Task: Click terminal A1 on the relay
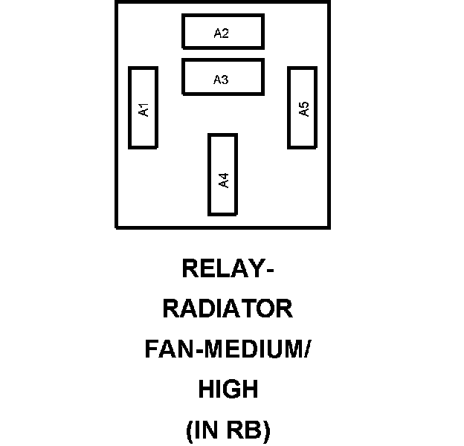[x=143, y=108]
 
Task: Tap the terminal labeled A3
[x=222, y=77]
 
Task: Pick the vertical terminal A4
[x=222, y=175]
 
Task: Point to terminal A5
[x=303, y=108]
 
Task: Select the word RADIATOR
[x=228, y=309]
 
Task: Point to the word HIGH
[x=228, y=390]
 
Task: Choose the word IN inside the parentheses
[x=205, y=430]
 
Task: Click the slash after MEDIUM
[x=306, y=349]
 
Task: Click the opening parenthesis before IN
[x=188, y=430]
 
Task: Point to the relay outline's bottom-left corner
[x=117, y=227]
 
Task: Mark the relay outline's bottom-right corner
[x=329, y=227]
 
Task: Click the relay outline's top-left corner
[x=117, y=2]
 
